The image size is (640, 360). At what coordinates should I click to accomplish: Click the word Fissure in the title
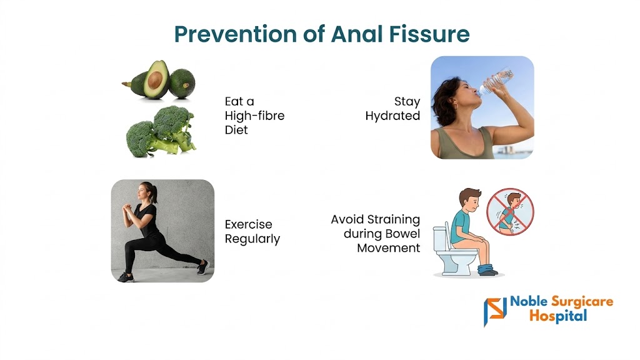click(x=429, y=34)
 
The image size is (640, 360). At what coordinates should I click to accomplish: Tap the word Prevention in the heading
click(x=236, y=34)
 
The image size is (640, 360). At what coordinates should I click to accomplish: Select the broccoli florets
click(x=161, y=131)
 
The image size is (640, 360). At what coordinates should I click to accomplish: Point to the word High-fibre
click(x=254, y=116)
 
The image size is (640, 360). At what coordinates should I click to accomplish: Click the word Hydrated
click(x=392, y=116)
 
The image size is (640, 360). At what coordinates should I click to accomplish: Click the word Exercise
click(x=248, y=224)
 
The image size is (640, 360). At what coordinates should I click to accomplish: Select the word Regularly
click(x=252, y=239)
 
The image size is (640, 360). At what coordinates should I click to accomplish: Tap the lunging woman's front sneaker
click(x=126, y=277)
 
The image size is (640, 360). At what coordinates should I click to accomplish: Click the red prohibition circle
click(x=510, y=211)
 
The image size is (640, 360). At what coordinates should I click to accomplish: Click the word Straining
click(x=393, y=220)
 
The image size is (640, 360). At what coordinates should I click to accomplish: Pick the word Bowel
click(x=404, y=234)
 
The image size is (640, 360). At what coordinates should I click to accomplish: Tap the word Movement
click(x=389, y=247)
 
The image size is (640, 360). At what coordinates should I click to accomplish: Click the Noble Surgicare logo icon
click(x=495, y=311)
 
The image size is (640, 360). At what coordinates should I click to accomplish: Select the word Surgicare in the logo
click(x=582, y=302)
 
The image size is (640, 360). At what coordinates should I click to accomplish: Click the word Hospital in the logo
click(x=558, y=316)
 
